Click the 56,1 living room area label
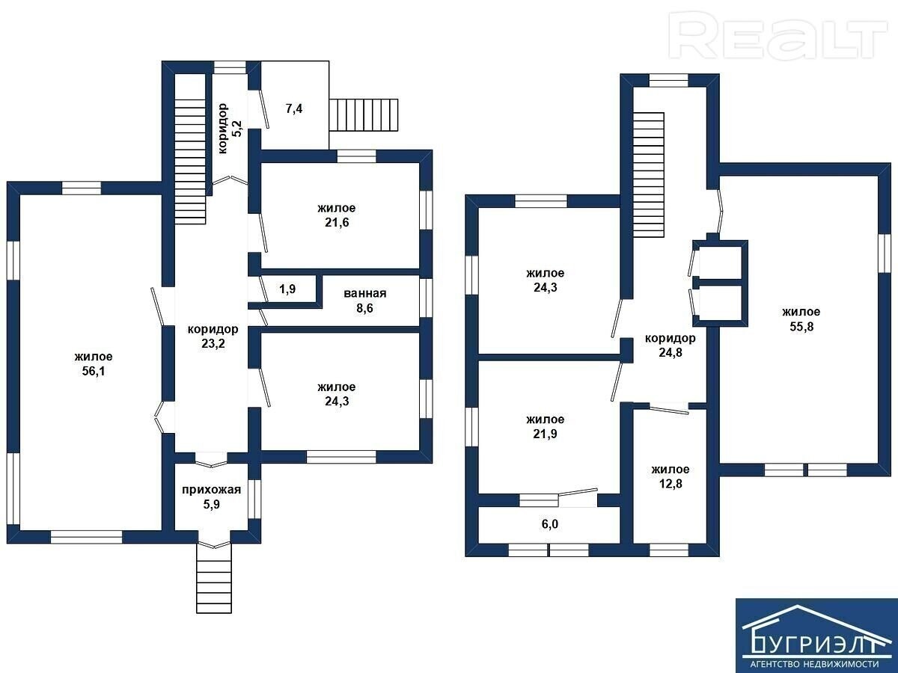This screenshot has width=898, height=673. click(94, 364)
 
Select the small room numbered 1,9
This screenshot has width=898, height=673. click(287, 289)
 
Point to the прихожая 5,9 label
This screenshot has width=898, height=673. click(212, 497)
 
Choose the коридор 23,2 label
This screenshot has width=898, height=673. click(213, 336)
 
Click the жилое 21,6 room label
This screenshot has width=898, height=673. click(336, 215)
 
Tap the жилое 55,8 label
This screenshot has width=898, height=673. click(801, 319)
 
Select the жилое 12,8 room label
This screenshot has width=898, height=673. click(670, 476)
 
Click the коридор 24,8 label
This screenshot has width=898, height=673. click(670, 345)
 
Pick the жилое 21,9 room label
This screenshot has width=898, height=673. click(545, 427)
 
